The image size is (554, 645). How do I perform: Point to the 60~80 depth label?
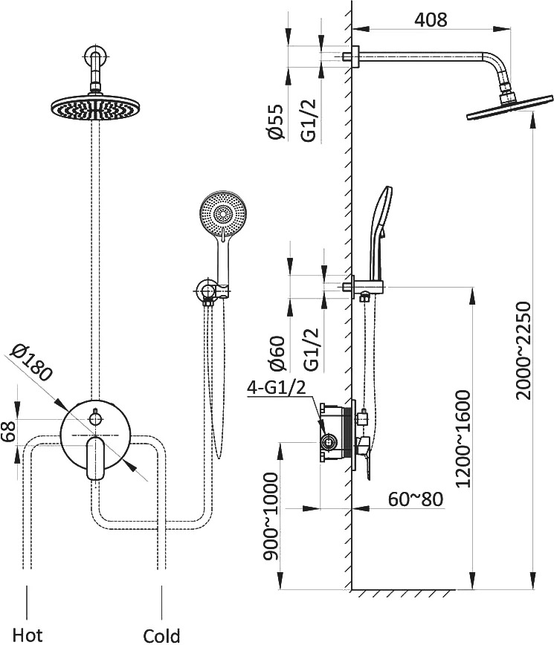click(x=416, y=498)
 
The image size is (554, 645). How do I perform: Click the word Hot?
click(x=28, y=635)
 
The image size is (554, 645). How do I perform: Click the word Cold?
click(x=161, y=635)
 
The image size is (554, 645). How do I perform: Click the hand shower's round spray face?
click(x=222, y=214)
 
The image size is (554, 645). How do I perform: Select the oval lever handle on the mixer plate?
click(x=94, y=458)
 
